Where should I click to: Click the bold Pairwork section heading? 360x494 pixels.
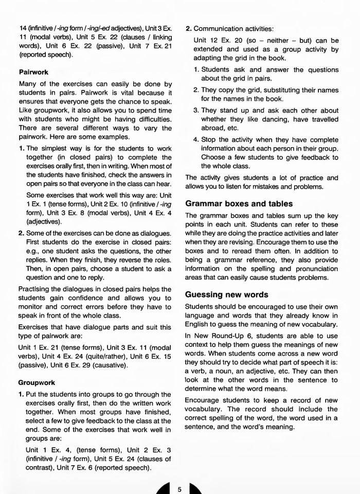point(33,72)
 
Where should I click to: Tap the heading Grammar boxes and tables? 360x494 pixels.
point(239,203)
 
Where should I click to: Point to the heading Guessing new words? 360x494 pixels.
point(226,295)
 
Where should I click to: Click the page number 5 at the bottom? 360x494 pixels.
point(179,489)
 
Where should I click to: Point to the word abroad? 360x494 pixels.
point(212,128)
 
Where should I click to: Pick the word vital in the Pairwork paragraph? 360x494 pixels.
point(127,93)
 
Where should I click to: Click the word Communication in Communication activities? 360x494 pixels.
point(218,28)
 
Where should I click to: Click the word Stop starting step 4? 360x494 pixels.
point(209,139)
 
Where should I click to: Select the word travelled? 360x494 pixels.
point(323,119)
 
